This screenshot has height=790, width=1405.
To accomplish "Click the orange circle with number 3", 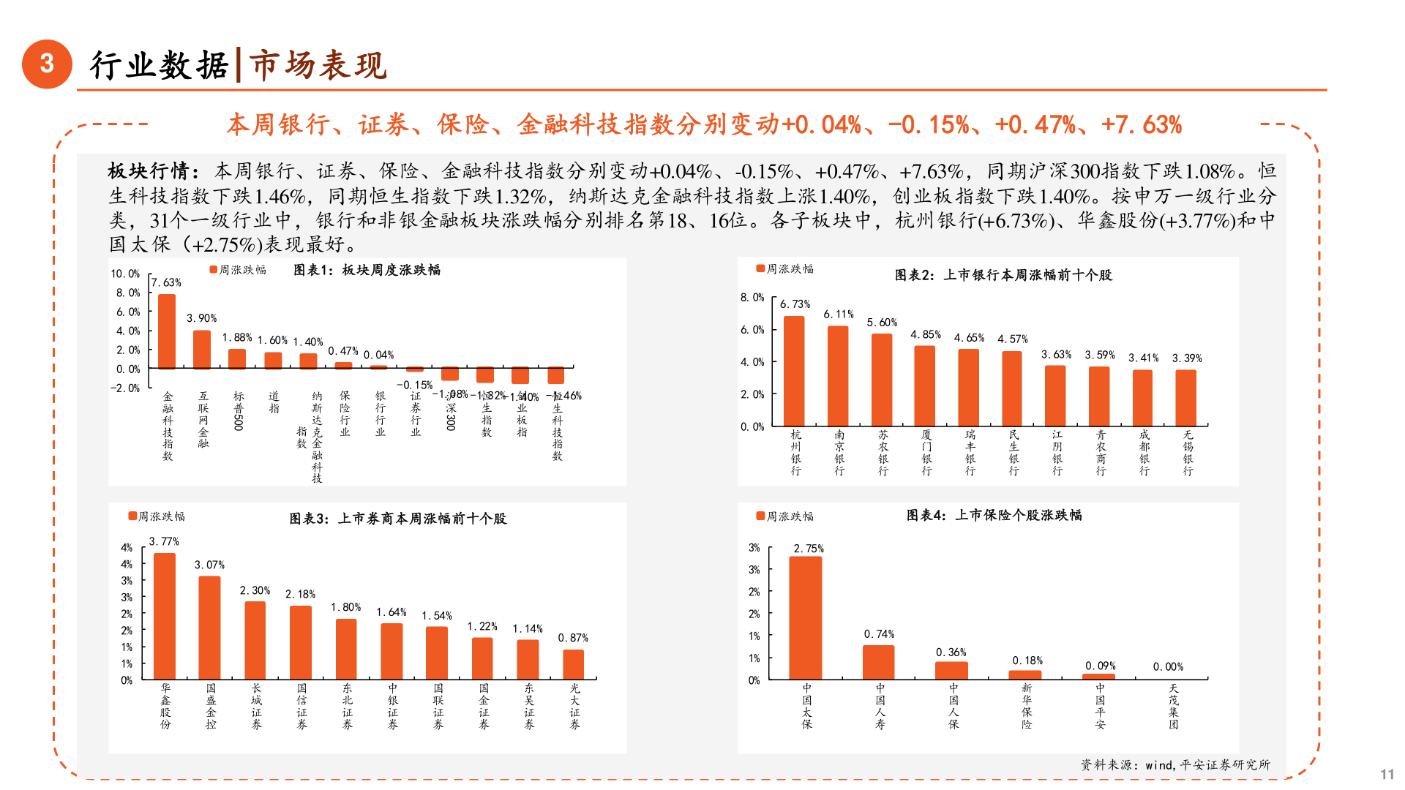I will [x=47, y=64].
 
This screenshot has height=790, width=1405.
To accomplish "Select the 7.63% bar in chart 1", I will [x=167, y=331].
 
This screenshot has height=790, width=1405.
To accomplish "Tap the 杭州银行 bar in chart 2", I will [x=794, y=371].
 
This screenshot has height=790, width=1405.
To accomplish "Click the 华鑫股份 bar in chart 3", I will [x=165, y=616].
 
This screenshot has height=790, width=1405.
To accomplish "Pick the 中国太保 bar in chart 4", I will [x=806, y=618].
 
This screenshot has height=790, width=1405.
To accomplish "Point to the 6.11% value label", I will [x=838, y=315].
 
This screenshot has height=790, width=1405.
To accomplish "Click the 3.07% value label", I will [x=209, y=565].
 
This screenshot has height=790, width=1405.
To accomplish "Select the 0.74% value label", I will [x=879, y=634].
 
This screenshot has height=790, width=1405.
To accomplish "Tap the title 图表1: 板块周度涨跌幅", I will [x=367, y=270].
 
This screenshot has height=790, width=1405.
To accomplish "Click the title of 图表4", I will [x=994, y=515].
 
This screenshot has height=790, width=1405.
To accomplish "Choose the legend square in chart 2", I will [x=760, y=268].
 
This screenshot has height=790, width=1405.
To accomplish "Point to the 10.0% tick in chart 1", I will [x=125, y=274].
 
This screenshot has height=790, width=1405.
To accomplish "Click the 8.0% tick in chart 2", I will [x=752, y=298].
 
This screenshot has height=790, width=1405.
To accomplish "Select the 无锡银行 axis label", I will [x=1188, y=453].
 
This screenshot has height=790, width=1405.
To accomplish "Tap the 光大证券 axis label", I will [x=574, y=706].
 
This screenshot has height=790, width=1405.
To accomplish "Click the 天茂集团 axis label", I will [x=1173, y=706].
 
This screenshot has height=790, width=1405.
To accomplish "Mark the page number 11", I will [x=1387, y=774].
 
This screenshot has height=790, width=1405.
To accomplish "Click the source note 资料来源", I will [x=1175, y=764].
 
